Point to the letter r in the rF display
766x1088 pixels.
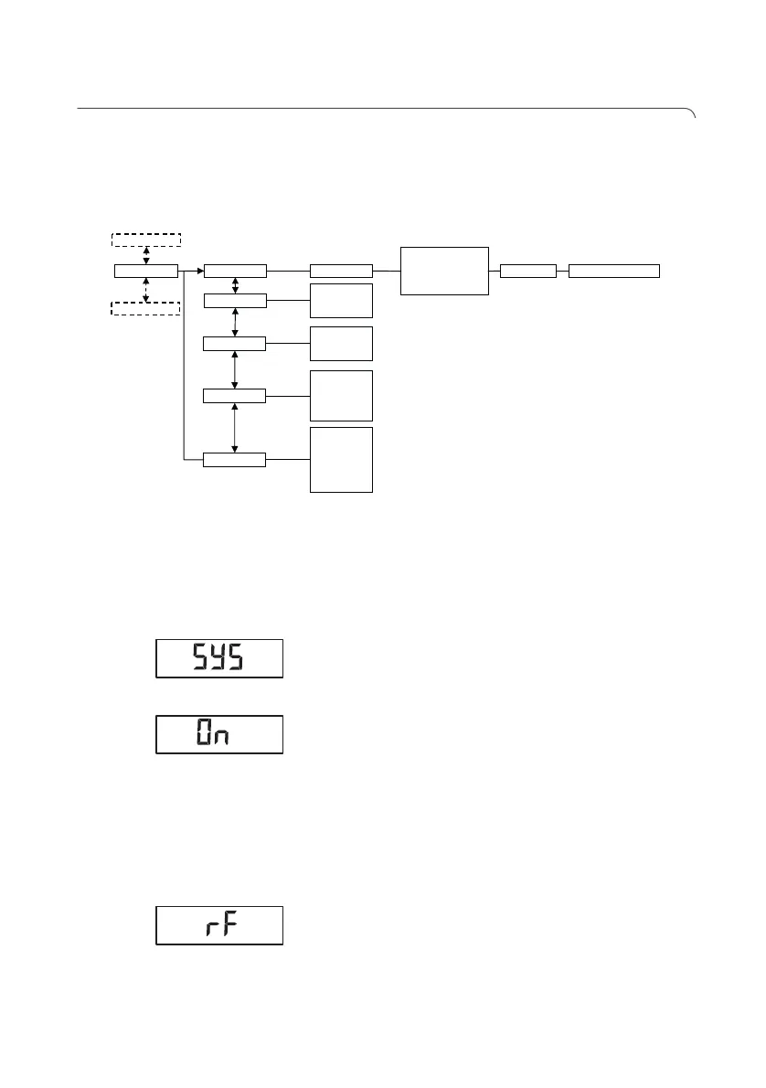(209, 929)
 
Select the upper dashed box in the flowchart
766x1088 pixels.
(146, 240)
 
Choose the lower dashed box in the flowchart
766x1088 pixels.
(146, 307)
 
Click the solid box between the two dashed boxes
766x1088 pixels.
(146, 271)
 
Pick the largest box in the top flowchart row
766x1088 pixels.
(444, 271)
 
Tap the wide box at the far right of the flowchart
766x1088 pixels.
(613, 271)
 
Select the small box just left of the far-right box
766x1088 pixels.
(528, 271)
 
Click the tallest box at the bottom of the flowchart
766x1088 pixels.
(342, 459)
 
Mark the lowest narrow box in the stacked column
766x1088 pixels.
(235, 459)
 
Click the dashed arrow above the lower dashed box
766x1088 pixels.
(146, 289)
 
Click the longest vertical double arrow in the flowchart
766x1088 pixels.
(236, 427)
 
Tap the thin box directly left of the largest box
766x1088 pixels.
(342, 271)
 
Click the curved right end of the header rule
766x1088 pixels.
(693, 113)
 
